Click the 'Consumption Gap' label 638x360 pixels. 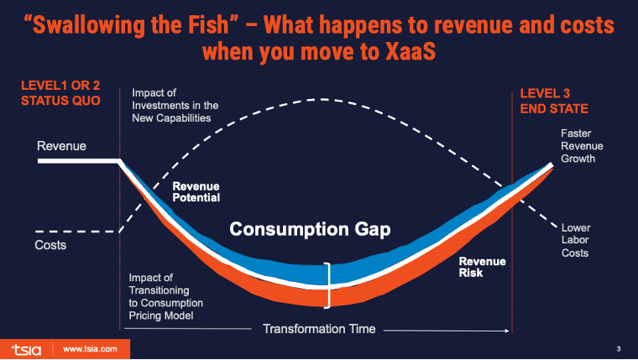click(310, 228)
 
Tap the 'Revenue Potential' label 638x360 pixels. click(196, 192)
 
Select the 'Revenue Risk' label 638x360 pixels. click(482, 267)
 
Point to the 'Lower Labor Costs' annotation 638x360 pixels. click(576, 239)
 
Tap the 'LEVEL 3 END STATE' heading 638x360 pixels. click(554, 101)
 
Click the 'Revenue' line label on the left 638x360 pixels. click(61, 147)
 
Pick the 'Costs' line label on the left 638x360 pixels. click(51, 246)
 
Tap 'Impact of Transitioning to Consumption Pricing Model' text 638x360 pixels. click(170, 295)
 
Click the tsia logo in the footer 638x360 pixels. click(27, 347)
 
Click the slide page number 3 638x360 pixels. click(618, 347)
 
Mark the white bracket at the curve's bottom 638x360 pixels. click(330, 285)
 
